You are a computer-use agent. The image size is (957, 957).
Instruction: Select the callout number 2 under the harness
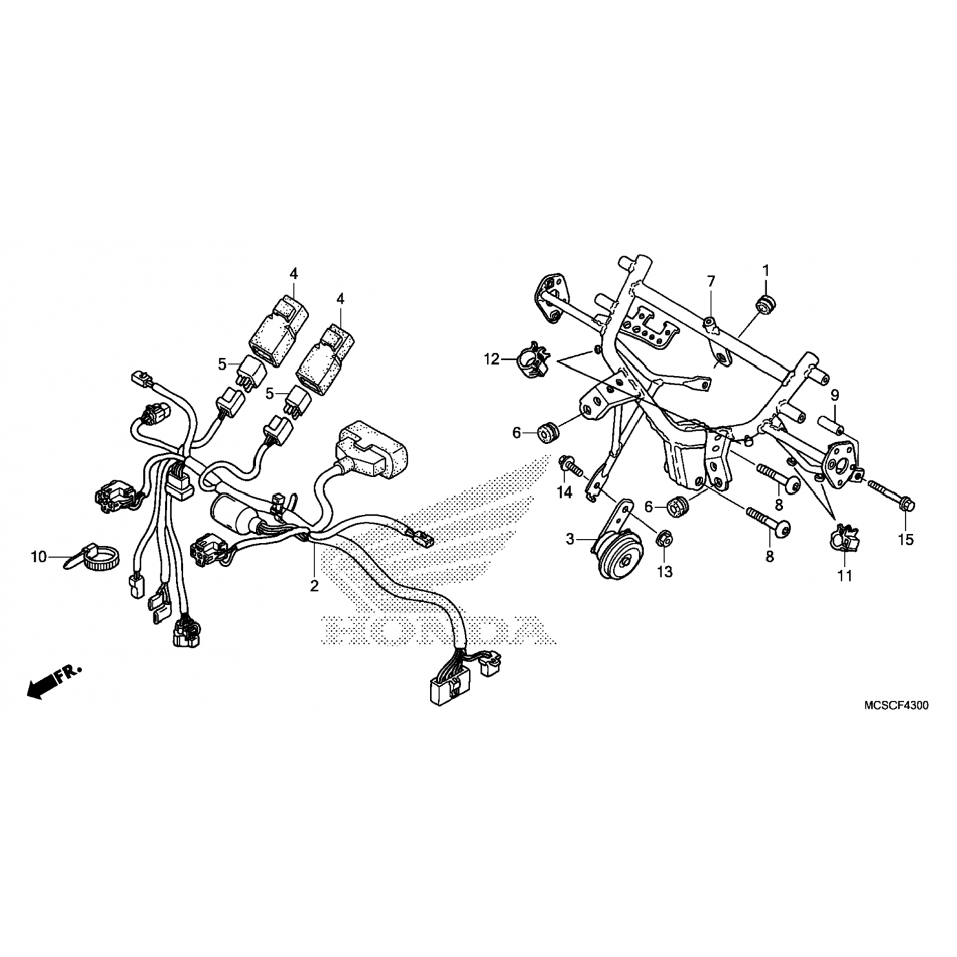click(x=314, y=585)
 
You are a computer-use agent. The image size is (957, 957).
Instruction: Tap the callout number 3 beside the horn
click(x=570, y=540)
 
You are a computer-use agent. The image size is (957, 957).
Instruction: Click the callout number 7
click(x=711, y=281)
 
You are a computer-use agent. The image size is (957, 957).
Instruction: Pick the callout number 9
click(x=835, y=395)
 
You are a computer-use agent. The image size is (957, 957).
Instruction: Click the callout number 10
click(x=39, y=557)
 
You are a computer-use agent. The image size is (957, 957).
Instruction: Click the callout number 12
click(x=492, y=360)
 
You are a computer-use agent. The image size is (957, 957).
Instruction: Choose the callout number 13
click(x=665, y=572)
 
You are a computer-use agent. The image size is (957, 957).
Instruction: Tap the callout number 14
click(x=565, y=493)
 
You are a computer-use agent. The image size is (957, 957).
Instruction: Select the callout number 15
click(x=905, y=539)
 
